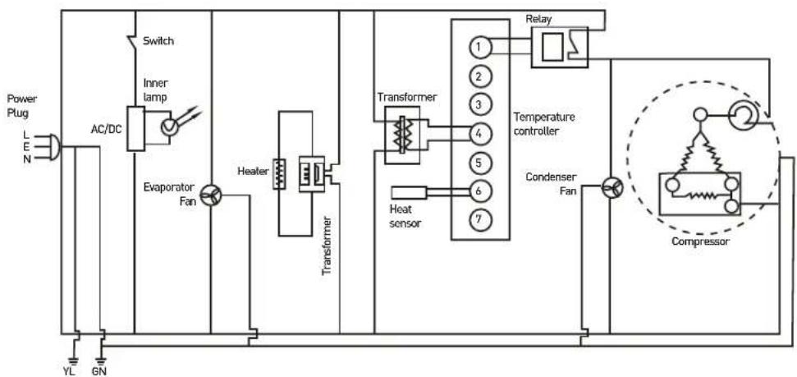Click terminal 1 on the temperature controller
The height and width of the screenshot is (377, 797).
(x=478, y=48)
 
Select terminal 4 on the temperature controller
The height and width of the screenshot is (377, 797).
(x=478, y=134)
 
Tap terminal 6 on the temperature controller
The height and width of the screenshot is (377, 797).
(x=478, y=191)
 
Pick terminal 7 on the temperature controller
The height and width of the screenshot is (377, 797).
(x=478, y=220)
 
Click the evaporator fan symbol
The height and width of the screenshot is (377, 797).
(x=210, y=195)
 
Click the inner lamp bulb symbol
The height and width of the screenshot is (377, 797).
(x=168, y=127)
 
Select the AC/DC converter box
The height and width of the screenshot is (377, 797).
(x=135, y=129)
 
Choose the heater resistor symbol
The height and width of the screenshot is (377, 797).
(x=279, y=174)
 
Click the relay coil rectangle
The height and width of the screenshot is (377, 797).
(x=552, y=47)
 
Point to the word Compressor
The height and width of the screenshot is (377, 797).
(x=700, y=241)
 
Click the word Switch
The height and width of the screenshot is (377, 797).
(x=158, y=41)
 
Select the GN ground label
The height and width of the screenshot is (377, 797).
(x=100, y=370)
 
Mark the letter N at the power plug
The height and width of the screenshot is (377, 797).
(x=26, y=159)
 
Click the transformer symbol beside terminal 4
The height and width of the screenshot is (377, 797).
(x=402, y=136)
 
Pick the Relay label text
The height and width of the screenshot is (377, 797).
(x=539, y=20)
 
